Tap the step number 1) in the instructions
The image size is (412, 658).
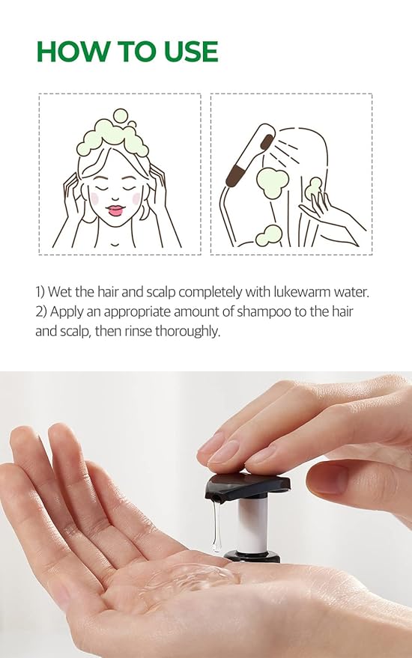point(41,291)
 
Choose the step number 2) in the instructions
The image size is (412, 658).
point(42,311)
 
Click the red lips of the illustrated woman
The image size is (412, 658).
point(115,210)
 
